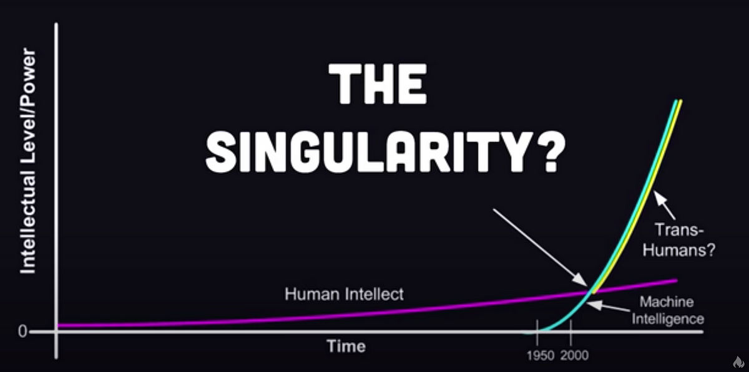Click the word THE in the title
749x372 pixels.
coord(378,83)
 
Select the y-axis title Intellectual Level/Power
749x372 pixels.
coord(27,161)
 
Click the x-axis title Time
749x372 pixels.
coord(346,346)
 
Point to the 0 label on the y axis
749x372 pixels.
coord(22,331)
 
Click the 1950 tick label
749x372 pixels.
coord(541,356)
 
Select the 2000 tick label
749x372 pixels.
coord(574,356)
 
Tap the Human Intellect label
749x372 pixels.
coord(344,294)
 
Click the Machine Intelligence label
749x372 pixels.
coord(668,310)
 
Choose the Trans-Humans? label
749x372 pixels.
coord(679,240)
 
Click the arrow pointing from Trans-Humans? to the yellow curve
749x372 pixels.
coord(664,205)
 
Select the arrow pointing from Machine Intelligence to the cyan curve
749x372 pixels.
coord(609,307)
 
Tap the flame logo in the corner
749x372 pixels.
coord(738,361)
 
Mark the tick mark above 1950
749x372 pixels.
coord(537,332)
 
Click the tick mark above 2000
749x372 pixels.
coord(570,332)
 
